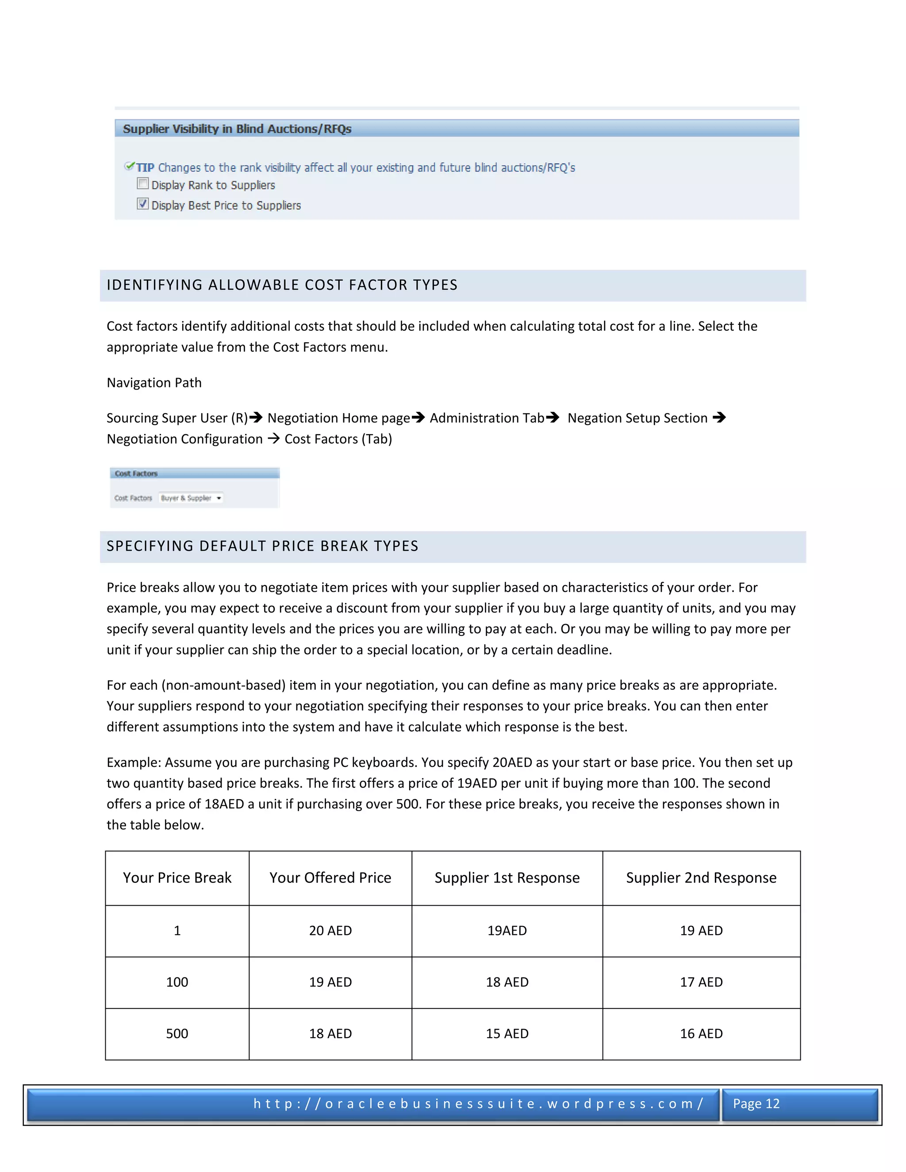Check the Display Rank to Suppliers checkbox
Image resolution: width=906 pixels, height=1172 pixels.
[x=143, y=184]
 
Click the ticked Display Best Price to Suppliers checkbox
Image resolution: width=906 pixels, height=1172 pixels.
[x=143, y=204]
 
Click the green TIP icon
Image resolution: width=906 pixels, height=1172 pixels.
[x=129, y=166]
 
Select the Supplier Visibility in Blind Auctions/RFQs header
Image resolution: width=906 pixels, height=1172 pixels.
[x=237, y=129]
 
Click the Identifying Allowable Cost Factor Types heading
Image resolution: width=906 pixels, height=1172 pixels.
[x=282, y=285]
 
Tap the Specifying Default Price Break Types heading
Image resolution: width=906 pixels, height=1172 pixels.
[x=262, y=546]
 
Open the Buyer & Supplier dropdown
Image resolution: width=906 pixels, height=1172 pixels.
[x=219, y=498]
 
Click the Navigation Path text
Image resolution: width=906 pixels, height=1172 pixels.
[x=154, y=383]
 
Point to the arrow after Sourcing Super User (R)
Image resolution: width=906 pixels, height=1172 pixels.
[x=256, y=417]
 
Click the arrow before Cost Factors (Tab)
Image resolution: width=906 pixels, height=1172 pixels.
[x=273, y=438]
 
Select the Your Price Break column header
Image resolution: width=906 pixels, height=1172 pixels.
[x=177, y=878]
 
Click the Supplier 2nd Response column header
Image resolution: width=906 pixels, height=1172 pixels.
[x=701, y=878]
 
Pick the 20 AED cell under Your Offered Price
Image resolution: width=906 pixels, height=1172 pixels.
[x=330, y=931]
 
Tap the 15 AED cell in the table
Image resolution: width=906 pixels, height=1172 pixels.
[x=507, y=1034]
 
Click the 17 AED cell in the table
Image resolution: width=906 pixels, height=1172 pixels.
[x=701, y=982]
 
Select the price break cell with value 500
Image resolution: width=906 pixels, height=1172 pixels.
[x=177, y=1034]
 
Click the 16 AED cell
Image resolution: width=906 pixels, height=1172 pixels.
[x=701, y=1034]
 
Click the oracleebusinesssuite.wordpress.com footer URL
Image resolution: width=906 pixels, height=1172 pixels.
[x=478, y=1104]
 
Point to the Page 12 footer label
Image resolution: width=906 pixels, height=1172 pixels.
[x=756, y=1104]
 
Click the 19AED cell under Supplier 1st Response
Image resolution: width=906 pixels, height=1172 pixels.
[x=507, y=931]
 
